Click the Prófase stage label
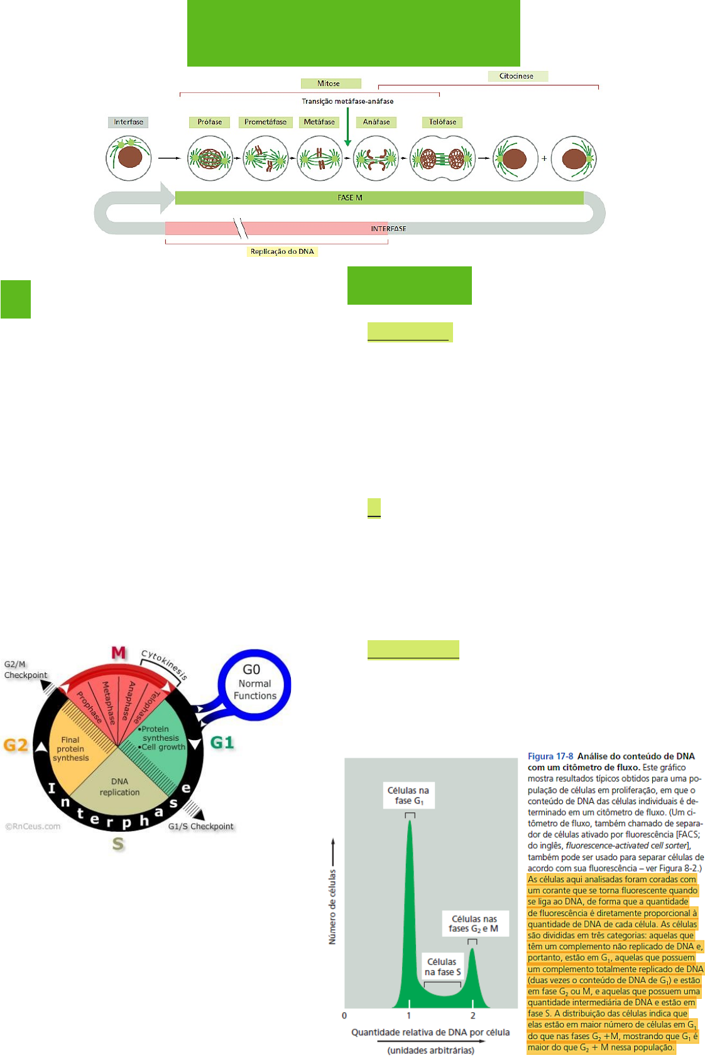pyautogui.click(x=210, y=122)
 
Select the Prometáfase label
pyautogui.click(x=265, y=122)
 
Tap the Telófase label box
pyautogui.click(x=442, y=122)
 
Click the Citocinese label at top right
pyautogui.click(x=516, y=76)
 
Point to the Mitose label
pyautogui.click(x=329, y=84)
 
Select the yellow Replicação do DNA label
pyautogui.click(x=282, y=251)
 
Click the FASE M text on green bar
pyautogui.click(x=350, y=198)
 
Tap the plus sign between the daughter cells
pyautogui.click(x=544, y=158)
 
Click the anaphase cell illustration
pyautogui.click(x=376, y=158)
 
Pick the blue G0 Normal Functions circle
pyautogui.click(x=254, y=684)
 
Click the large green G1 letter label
pyautogui.click(x=222, y=743)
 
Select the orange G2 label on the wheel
pyautogui.click(x=16, y=745)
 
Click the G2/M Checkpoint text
pyautogui.click(x=26, y=670)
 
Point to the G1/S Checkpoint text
pyautogui.click(x=200, y=826)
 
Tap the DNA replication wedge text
pyautogui.click(x=119, y=787)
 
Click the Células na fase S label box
pyautogui.click(x=442, y=967)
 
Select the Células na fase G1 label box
pyautogui.click(x=408, y=795)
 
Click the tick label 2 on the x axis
pyautogui.click(x=473, y=1015)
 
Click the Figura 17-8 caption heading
pyautogui.click(x=550, y=756)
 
